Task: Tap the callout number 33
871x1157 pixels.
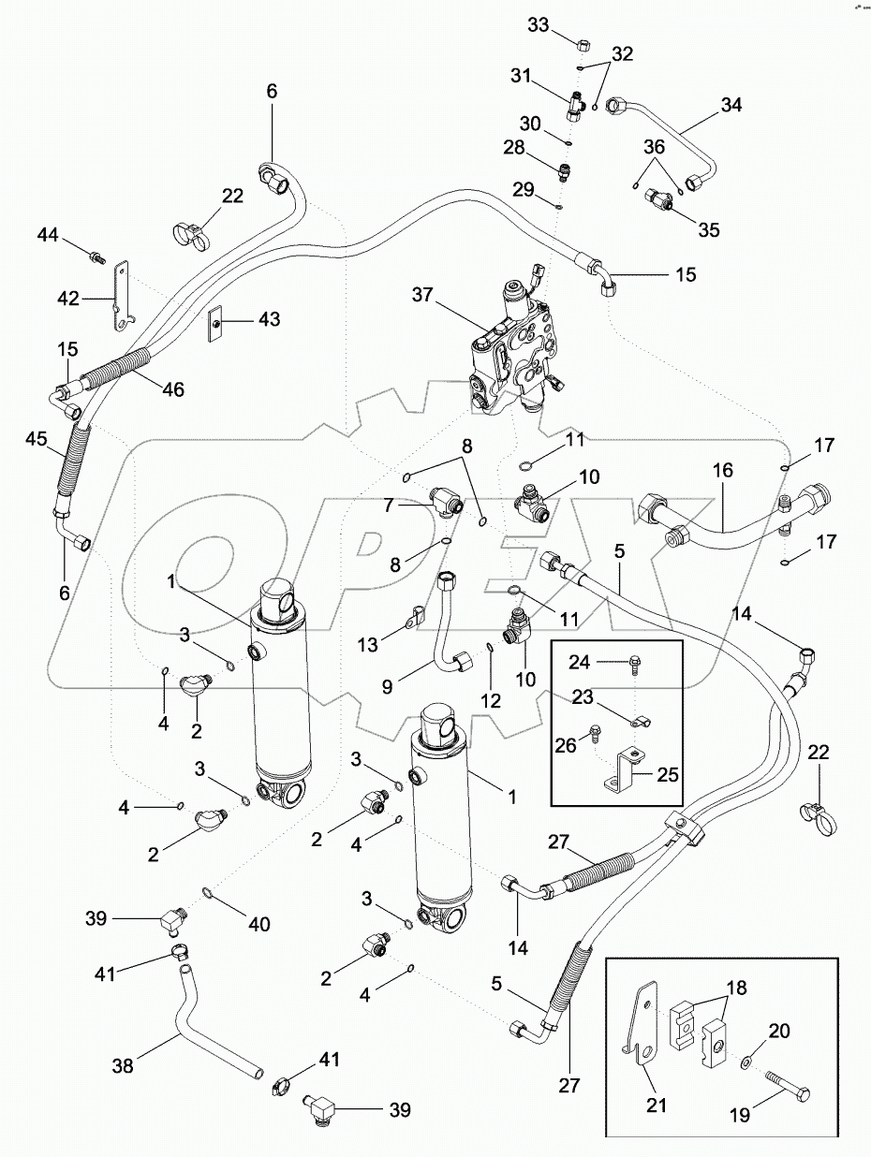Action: [x=538, y=25]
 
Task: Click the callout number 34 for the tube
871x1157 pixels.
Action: [x=730, y=105]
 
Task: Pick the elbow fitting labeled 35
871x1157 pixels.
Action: [x=661, y=201]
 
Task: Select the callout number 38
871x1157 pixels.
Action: [x=122, y=1064]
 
